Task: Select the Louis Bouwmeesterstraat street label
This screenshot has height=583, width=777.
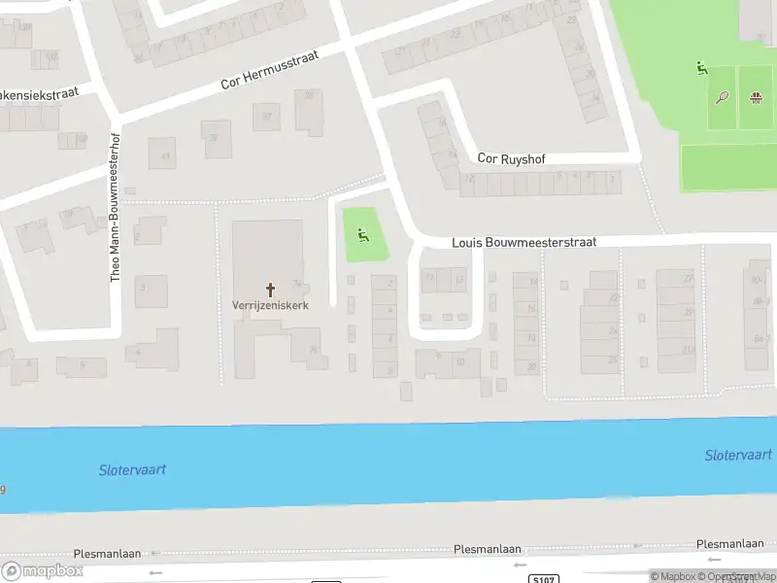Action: click(524, 242)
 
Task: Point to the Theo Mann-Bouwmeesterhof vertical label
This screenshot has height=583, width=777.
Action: click(116, 207)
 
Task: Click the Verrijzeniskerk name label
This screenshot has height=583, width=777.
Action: click(270, 305)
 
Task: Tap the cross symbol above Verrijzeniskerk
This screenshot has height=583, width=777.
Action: click(270, 289)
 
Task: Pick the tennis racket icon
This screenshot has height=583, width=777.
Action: click(722, 97)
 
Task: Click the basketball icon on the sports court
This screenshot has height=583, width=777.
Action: click(755, 97)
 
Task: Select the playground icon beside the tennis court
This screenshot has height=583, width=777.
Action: click(701, 68)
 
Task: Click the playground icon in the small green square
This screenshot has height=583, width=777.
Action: click(363, 234)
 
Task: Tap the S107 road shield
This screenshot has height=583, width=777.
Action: click(546, 579)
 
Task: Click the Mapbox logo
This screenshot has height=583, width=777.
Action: click(42, 570)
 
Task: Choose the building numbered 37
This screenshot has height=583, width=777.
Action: click(265, 117)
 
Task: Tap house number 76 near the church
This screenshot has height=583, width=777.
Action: click(313, 351)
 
